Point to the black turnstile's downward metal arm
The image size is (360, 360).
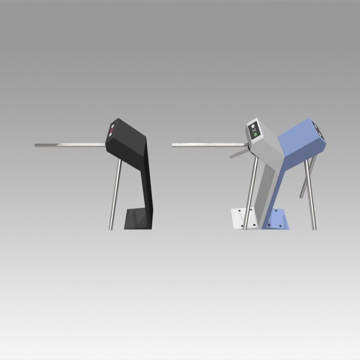coord(115,193)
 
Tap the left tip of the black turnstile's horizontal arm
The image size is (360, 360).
coord(36,145)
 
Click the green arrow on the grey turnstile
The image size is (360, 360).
coord(254,133)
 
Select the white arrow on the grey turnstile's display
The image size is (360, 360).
coord(253,126)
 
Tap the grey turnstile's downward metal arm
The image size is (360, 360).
coord(250,193)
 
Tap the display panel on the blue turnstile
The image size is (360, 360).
coord(319,130)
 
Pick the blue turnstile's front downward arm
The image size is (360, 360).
coord(310,193)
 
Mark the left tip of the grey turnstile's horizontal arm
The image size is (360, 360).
coord(173,145)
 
